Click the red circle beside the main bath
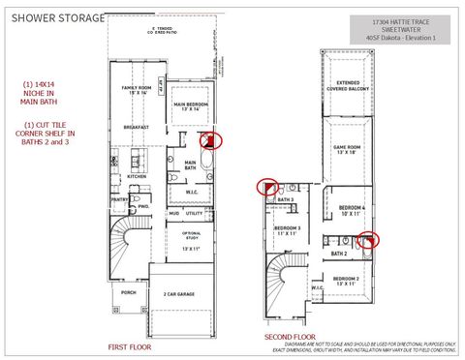point(214,140)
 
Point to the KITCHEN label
point(137,177)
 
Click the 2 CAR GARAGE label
point(180,294)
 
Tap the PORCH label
point(129,290)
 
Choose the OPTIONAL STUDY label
point(192,236)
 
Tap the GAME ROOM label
point(347,150)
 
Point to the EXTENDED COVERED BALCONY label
point(347,89)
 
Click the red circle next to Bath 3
point(266,186)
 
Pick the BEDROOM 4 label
point(352,209)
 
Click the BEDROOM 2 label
point(346,281)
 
